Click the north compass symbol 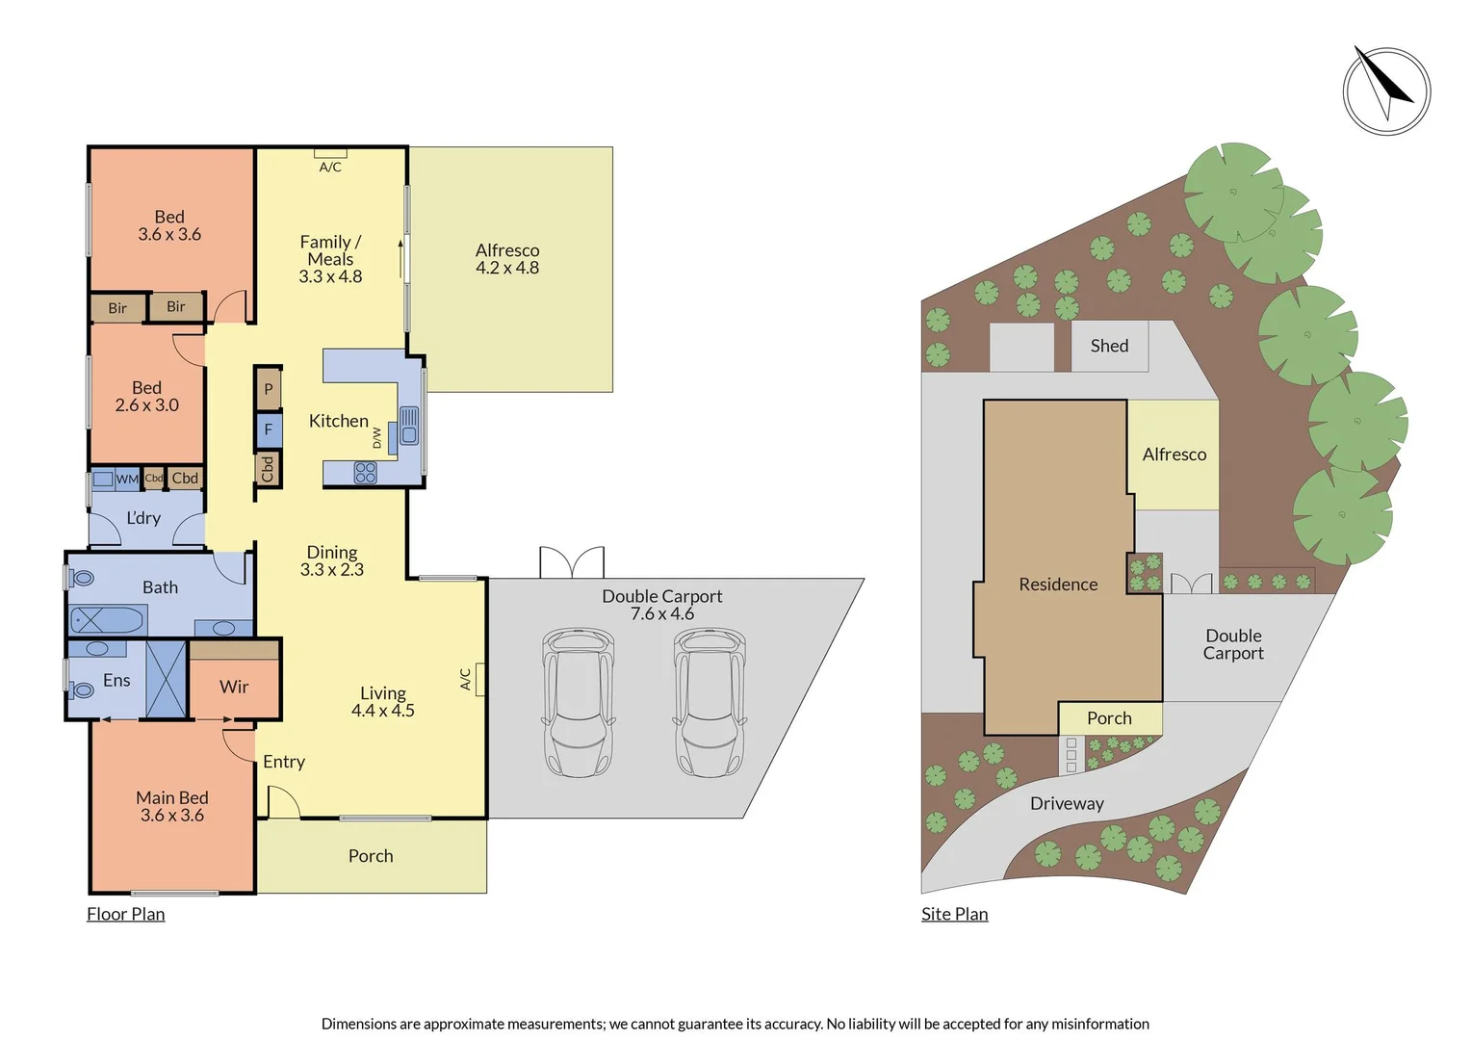pyautogui.click(x=1386, y=91)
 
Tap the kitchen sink pyautogui.click(x=409, y=426)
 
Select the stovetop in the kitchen pyautogui.click(x=366, y=472)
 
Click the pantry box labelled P pyautogui.click(x=269, y=389)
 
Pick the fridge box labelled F pyautogui.click(x=269, y=429)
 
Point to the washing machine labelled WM pyautogui.click(x=104, y=479)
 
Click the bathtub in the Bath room pyautogui.click(x=107, y=620)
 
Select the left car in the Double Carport pyautogui.click(x=578, y=702)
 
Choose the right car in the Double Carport pyautogui.click(x=710, y=702)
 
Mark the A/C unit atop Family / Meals pyautogui.click(x=330, y=153)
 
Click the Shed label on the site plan pyautogui.click(x=1109, y=346)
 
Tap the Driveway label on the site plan pyautogui.click(x=1067, y=803)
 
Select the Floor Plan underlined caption pyautogui.click(x=126, y=914)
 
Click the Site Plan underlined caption pyautogui.click(x=954, y=914)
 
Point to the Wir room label pyautogui.click(x=234, y=687)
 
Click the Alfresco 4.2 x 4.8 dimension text pyautogui.click(x=507, y=268)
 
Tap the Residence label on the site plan pyautogui.click(x=1058, y=585)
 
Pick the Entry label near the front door pyautogui.click(x=284, y=762)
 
